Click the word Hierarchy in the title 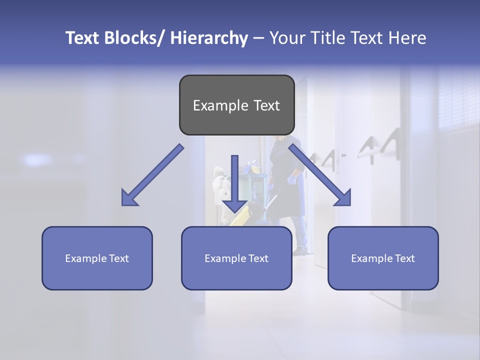(x=209, y=38)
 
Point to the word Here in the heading (x=407, y=38)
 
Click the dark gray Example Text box (x=236, y=105)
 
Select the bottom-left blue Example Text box (x=97, y=258)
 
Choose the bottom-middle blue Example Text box (x=236, y=258)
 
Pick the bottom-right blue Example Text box (x=383, y=258)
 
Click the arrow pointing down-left (x=153, y=175)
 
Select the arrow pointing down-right (x=320, y=175)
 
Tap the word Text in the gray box (x=264, y=105)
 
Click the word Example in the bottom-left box (x=85, y=258)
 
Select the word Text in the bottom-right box (x=404, y=258)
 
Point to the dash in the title (x=258, y=38)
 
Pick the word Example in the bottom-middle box (x=224, y=258)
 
